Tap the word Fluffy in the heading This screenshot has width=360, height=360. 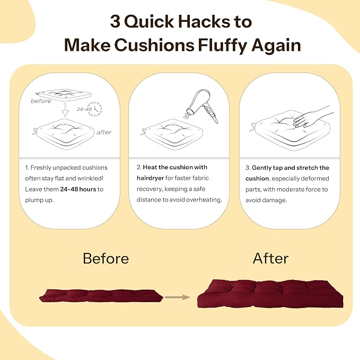(223, 46)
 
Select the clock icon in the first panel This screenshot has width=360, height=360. (95, 109)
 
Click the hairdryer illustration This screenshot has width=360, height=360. (202, 106)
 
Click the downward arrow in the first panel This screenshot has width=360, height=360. (65, 110)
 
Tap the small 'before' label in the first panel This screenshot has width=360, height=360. (41, 101)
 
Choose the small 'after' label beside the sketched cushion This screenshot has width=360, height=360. (104, 132)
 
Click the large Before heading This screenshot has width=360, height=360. (106, 259)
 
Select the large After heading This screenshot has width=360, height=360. (270, 259)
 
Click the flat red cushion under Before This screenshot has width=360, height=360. (101, 296)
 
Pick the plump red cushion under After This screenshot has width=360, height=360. (270, 294)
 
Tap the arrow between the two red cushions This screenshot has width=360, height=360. (178, 297)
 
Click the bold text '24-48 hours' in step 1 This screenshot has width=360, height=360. (78, 189)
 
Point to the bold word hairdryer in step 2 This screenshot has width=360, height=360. (150, 178)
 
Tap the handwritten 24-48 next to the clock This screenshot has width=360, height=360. (84, 109)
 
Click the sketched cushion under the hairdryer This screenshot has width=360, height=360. (172, 134)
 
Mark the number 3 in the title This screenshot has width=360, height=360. (115, 21)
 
